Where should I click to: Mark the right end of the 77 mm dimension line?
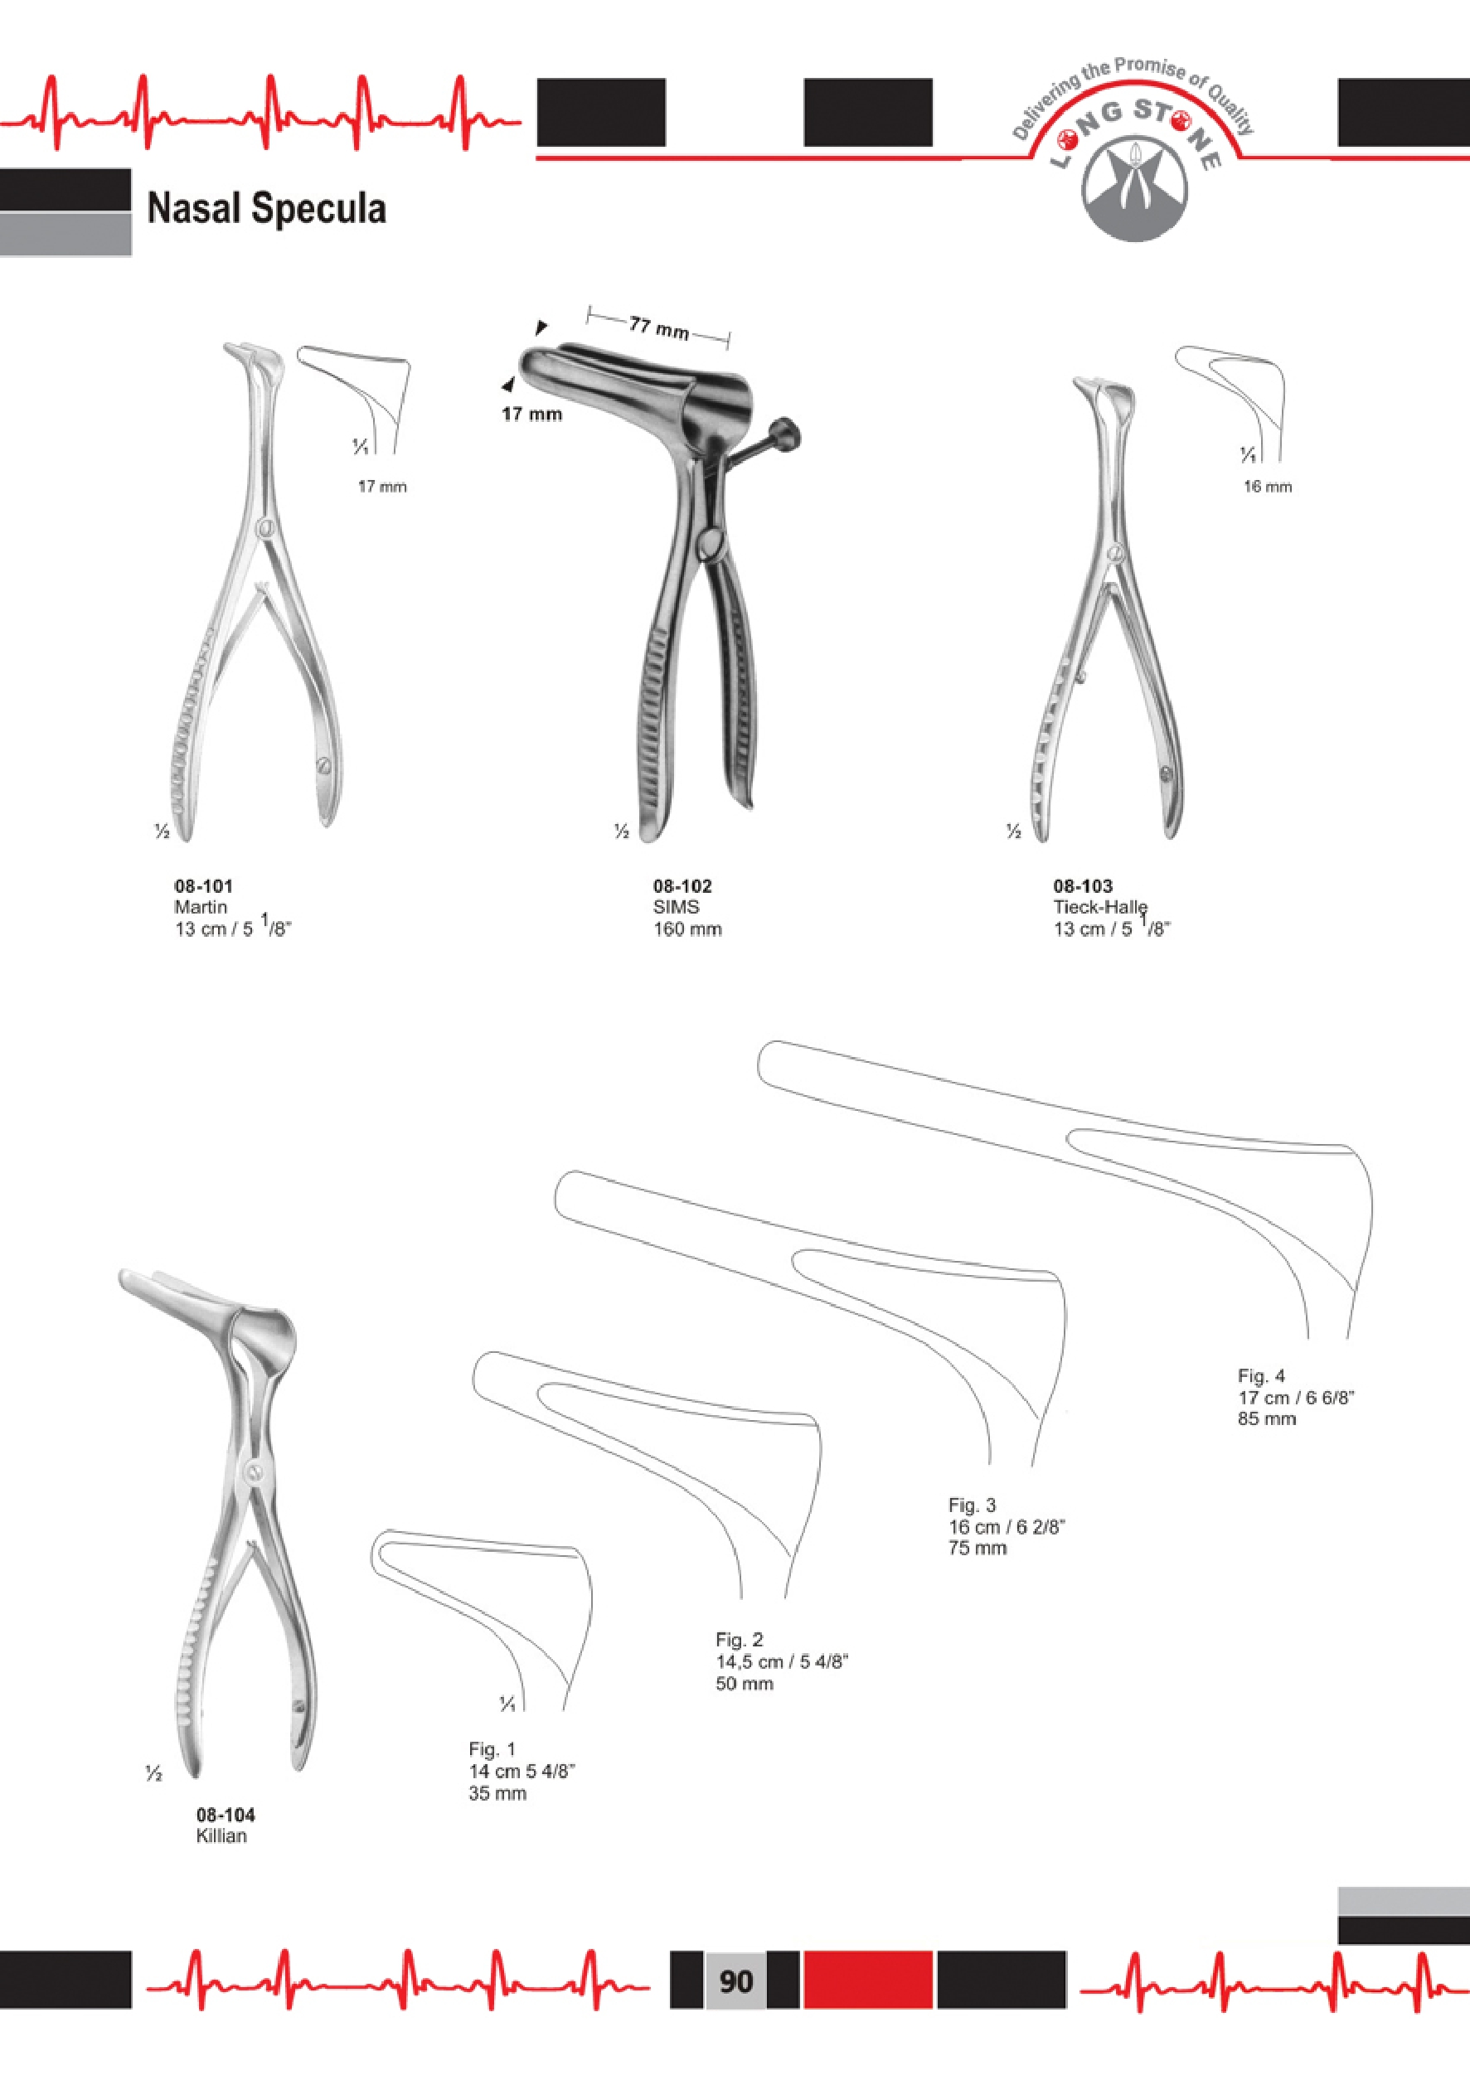coord(729,340)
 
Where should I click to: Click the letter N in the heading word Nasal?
coord(159,208)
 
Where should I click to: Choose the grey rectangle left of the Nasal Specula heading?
coord(65,235)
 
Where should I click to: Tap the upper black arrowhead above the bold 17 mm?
coord(541,327)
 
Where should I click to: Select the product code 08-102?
coord(682,886)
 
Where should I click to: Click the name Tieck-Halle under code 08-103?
coord(1099,908)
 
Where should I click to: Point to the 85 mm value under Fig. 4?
coord(1266,1419)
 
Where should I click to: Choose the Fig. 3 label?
coord(971,1505)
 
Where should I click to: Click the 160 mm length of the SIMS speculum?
coord(687,929)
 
